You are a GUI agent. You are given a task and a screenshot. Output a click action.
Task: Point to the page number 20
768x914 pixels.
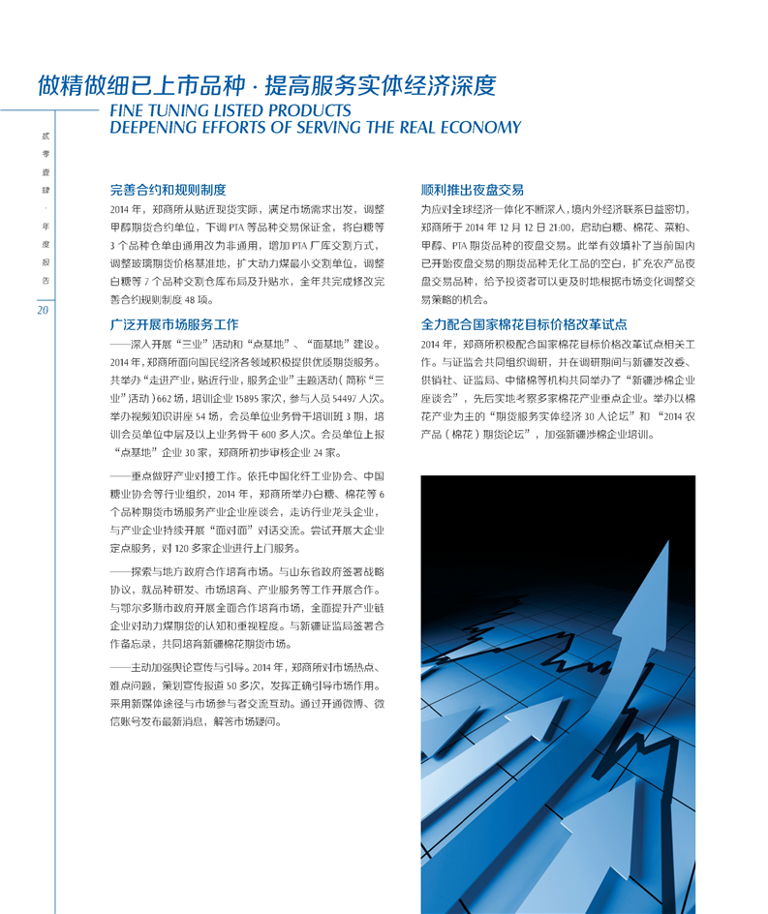tap(43, 310)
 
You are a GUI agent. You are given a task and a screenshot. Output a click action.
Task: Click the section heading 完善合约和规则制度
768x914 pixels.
tap(169, 190)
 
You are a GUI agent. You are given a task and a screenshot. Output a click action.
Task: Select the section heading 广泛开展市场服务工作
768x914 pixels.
tap(174, 324)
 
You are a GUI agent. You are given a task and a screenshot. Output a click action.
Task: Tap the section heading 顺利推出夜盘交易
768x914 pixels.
tap(473, 190)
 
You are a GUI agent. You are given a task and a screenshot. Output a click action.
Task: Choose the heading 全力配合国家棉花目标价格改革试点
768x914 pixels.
tap(524, 324)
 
